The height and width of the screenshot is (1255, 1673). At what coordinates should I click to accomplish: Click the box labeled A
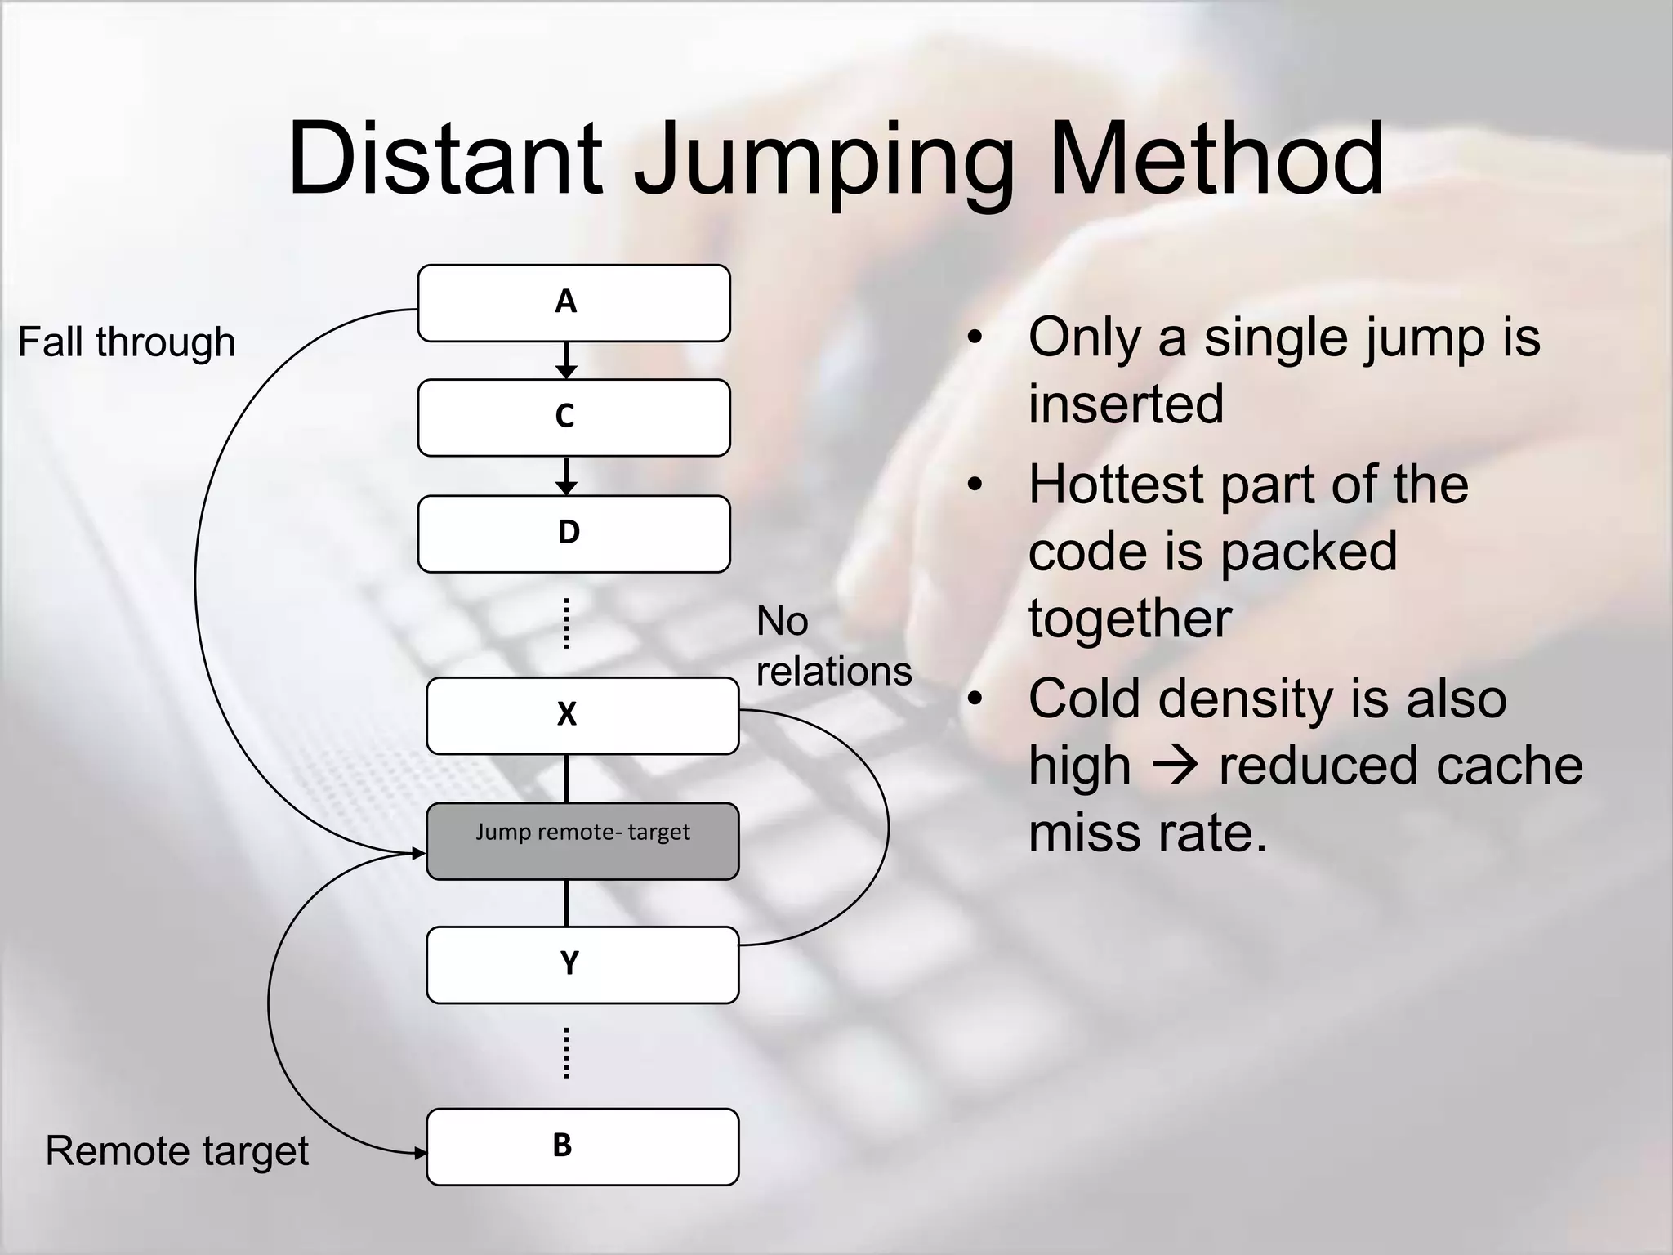coord(573,303)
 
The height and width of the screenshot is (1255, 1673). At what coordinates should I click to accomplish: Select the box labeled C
coord(573,418)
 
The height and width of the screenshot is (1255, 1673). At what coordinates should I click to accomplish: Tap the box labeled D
coord(573,534)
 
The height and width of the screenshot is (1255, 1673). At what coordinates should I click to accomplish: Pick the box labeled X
coord(582,716)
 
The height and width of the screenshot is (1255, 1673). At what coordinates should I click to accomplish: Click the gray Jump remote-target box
coord(582,841)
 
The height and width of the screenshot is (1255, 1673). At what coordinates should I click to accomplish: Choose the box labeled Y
coord(582,965)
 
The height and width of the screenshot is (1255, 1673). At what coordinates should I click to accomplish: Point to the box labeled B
coord(582,1146)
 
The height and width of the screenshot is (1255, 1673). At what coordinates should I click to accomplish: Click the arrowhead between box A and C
coord(566,371)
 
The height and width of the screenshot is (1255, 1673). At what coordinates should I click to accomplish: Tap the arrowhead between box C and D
coord(566,487)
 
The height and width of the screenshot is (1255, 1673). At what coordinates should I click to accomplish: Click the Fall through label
coord(127,342)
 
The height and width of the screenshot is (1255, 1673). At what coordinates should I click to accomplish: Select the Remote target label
coord(176,1150)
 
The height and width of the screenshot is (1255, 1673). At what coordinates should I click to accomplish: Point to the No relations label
coord(833,646)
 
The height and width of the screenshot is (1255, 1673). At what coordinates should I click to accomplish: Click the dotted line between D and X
coord(566,623)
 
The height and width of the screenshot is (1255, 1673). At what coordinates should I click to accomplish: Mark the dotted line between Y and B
coord(566,1053)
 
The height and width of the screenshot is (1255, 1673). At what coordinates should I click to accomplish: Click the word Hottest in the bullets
coord(1116,485)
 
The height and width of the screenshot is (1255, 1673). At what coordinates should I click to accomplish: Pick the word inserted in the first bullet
coord(1126,404)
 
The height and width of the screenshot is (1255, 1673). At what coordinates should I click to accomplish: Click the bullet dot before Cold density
coord(974,699)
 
